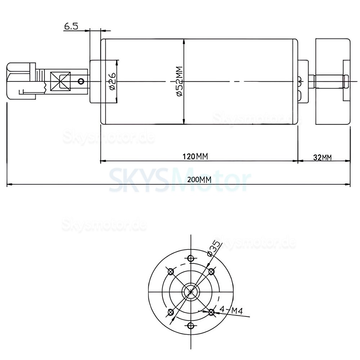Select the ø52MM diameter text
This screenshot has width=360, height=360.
(x=179, y=81)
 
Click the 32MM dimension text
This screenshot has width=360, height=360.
(x=322, y=157)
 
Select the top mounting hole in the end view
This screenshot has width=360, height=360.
(x=191, y=258)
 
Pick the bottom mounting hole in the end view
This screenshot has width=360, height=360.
(x=191, y=326)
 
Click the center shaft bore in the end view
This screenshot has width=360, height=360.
(x=191, y=292)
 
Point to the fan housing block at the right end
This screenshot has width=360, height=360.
(x=333, y=81)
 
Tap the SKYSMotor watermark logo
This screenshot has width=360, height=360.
(x=179, y=180)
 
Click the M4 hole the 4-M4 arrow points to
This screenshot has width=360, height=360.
(x=211, y=312)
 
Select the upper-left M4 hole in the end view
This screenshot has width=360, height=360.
(x=171, y=271)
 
